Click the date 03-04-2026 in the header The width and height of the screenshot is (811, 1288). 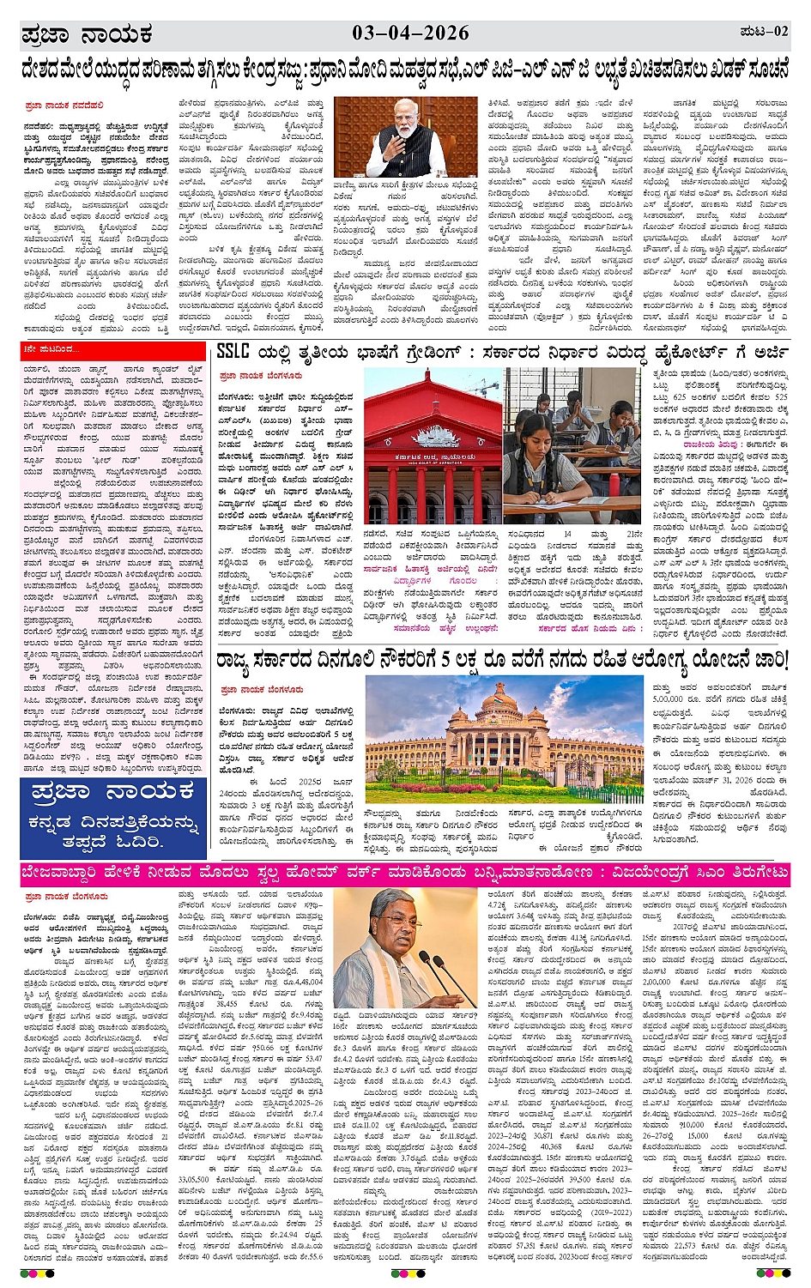coord(410,33)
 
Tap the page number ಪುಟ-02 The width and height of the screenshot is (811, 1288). coord(763,32)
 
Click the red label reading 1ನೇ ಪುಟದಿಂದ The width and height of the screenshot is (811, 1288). coord(52,349)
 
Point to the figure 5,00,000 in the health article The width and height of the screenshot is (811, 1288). coord(669,699)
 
